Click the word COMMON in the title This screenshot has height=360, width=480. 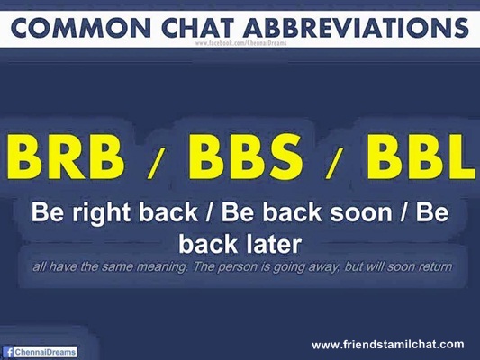click(80, 28)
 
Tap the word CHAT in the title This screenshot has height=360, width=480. click(198, 28)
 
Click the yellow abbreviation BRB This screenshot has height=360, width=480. click(66, 157)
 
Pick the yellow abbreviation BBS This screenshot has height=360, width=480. click(246, 157)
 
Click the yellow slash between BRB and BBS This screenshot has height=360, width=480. click(156, 167)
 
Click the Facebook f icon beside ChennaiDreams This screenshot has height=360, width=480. click(9, 352)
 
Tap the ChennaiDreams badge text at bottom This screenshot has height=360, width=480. click(45, 352)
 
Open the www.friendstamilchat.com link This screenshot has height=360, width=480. click(388, 345)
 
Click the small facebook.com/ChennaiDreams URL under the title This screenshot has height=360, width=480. click(241, 43)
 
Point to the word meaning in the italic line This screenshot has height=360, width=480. click(161, 267)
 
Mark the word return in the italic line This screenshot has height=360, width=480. click(435, 266)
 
